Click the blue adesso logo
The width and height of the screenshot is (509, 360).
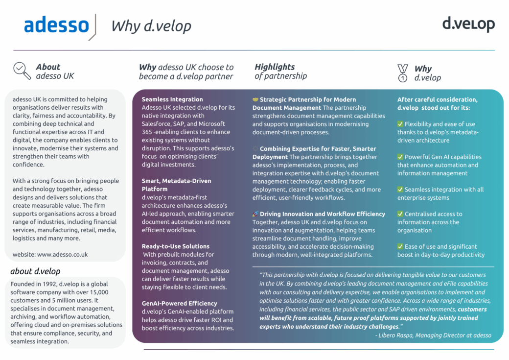pyautogui.click(x=56, y=25)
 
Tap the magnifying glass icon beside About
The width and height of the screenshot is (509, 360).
pyautogui.click(x=22, y=71)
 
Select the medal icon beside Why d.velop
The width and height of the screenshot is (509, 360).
pyautogui.click(x=402, y=72)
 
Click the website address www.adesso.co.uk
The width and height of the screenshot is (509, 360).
pyautogui.click(x=62, y=254)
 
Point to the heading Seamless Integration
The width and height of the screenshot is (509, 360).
pyautogui.click(x=172, y=99)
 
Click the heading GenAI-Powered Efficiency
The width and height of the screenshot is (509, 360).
pyautogui.click(x=179, y=303)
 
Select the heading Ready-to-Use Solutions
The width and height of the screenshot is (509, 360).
pyautogui.click(x=175, y=246)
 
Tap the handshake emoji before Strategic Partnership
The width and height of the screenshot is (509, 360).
pyautogui.click(x=255, y=99)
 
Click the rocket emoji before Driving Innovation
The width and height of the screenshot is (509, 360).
pyautogui.click(x=255, y=214)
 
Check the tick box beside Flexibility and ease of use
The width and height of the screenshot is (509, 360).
pyautogui.click(x=400, y=124)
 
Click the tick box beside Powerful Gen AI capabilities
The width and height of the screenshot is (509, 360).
pyautogui.click(x=400, y=157)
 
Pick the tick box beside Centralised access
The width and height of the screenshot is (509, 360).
pyautogui.click(x=400, y=214)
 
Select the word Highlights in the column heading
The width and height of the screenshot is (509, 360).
pyautogui.click(x=275, y=67)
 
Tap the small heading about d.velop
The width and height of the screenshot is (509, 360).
pyautogui.click(x=35, y=271)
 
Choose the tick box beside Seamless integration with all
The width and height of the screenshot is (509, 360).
pyautogui.click(x=400, y=190)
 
